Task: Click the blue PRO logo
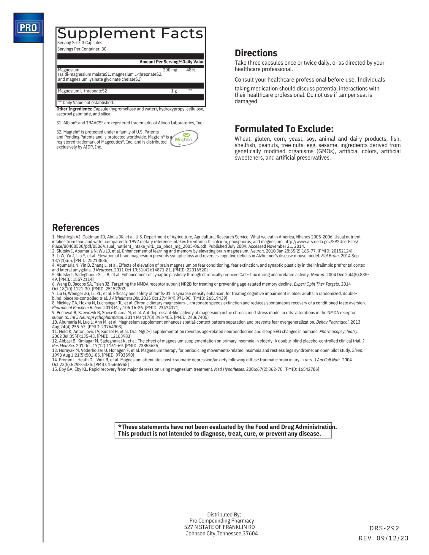29,28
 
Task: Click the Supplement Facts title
130,34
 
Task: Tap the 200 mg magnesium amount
170,70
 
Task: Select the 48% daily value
191,70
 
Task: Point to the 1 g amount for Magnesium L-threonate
174,91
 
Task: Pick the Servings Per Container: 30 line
82,49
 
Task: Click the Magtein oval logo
184,139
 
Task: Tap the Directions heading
256,53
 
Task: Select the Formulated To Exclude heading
284,129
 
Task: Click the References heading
75,228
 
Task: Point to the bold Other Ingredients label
74,109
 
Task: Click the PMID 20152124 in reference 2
335,251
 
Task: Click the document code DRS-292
384,528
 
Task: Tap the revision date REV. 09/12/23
384,538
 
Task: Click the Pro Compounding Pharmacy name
221,521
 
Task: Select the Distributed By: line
224,514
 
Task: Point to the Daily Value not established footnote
86,103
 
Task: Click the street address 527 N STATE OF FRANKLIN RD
219,527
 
